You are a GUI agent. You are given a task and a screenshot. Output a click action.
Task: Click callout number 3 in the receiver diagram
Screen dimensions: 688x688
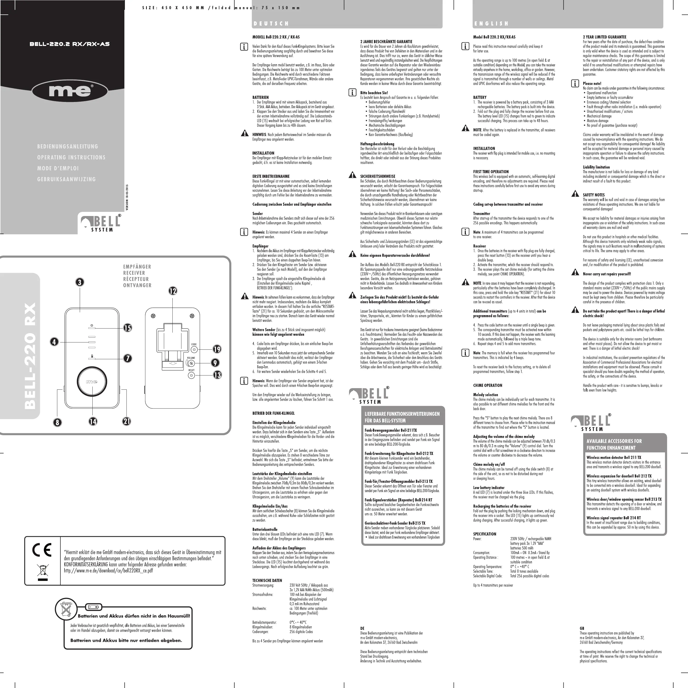point(80,282)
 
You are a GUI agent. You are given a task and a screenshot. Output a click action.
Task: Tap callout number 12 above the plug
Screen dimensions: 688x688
point(173,291)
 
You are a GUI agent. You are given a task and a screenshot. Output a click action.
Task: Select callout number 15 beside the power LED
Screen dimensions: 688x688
point(127,328)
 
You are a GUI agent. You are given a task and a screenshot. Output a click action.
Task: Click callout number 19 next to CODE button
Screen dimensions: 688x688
point(217,349)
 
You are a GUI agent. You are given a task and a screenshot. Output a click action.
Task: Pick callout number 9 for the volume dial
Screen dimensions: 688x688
point(215,363)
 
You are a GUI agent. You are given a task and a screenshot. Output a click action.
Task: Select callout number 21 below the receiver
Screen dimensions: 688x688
point(127,421)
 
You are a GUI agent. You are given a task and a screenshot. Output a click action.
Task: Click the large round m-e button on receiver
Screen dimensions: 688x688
point(92,382)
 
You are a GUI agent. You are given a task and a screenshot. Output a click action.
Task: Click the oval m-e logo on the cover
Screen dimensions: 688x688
point(70,91)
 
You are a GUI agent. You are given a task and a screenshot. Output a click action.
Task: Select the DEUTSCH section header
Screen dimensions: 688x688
point(271,23)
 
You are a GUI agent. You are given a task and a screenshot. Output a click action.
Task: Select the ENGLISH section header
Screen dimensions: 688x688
point(491,23)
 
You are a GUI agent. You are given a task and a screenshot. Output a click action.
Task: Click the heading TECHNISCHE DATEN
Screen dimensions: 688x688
point(267,580)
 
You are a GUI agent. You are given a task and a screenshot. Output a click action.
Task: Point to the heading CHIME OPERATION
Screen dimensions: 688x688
point(487,385)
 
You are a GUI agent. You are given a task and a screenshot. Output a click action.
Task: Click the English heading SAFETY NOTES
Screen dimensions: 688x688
point(594,195)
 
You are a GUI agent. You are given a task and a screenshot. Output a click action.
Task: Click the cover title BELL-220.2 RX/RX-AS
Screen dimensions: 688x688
point(69,44)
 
